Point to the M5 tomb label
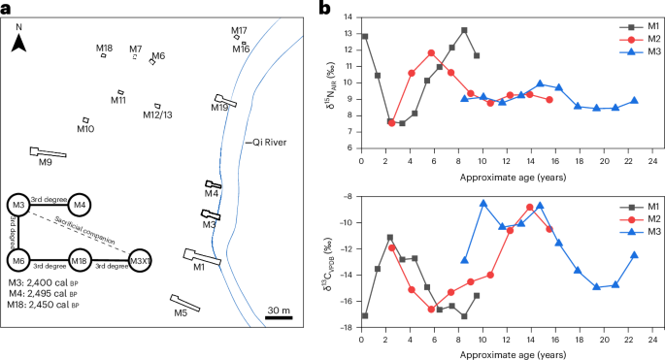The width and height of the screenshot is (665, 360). pyautogui.click(x=180, y=313)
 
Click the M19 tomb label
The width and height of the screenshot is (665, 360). pyautogui.click(x=219, y=109)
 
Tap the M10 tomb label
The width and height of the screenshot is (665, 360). pyautogui.click(x=85, y=129)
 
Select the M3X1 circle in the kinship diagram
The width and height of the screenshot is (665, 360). pyautogui.click(x=141, y=261)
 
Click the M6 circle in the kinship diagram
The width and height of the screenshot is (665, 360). pyautogui.click(x=17, y=261)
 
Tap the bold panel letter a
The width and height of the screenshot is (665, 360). pyautogui.click(x=6, y=9)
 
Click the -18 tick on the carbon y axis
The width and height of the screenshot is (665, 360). pyautogui.click(x=349, y=327)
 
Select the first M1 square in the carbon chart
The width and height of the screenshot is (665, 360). pyautogui.click(x=364, y=315)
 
